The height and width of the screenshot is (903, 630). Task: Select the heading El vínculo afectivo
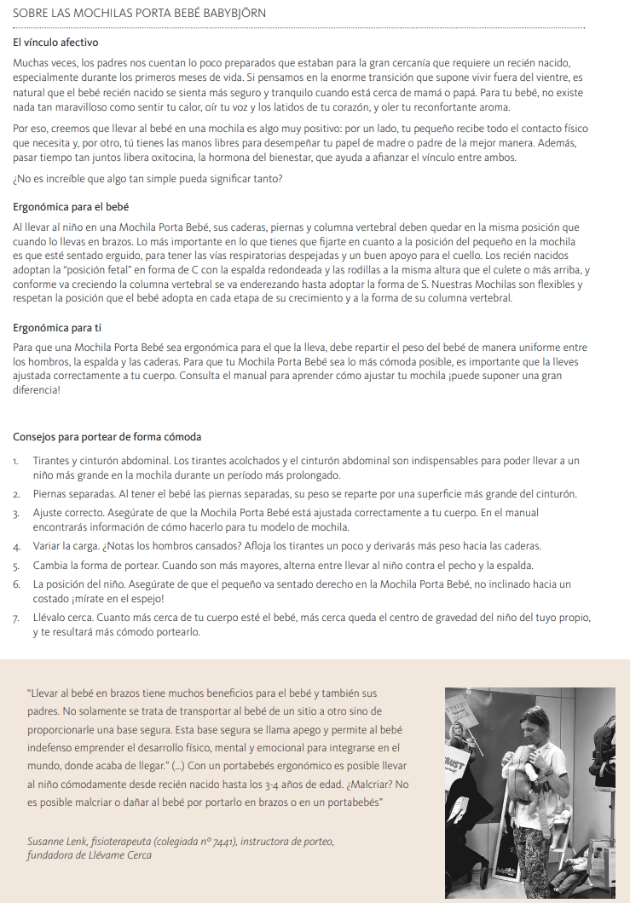[56, 43]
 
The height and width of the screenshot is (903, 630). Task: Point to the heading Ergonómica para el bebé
[71, 207]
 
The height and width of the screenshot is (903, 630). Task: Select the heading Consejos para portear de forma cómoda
[107, 437]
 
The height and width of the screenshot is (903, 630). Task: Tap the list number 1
[16, 461]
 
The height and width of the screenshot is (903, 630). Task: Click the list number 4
[17, 545]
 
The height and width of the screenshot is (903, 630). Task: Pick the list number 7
[17, 618]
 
